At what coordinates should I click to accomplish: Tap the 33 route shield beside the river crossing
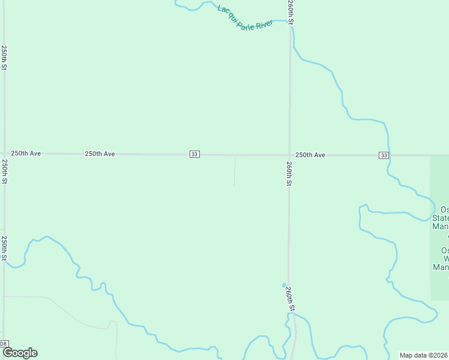pos(384,155)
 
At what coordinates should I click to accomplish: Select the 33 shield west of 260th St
pos(194,154)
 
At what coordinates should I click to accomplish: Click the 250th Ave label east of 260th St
pos(310,155)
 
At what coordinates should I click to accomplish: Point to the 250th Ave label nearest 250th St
pos(26,154)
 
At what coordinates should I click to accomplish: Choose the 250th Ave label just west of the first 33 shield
pos(100,154)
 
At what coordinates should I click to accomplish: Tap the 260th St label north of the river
pos(290,13)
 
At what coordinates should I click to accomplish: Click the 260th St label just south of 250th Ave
pos(289,173)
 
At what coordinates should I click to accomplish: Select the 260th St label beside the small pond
pos(290,298)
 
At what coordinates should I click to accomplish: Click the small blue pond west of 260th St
pos(283,285)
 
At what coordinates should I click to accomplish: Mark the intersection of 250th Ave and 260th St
pos(289,155)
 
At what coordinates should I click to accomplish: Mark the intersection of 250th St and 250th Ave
pos(4,154)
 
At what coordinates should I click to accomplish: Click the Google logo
pos(20,353)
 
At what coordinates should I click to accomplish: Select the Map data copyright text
pos(423,355)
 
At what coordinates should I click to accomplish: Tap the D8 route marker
pos(4,344)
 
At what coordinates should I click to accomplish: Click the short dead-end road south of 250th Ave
pos(235,171)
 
